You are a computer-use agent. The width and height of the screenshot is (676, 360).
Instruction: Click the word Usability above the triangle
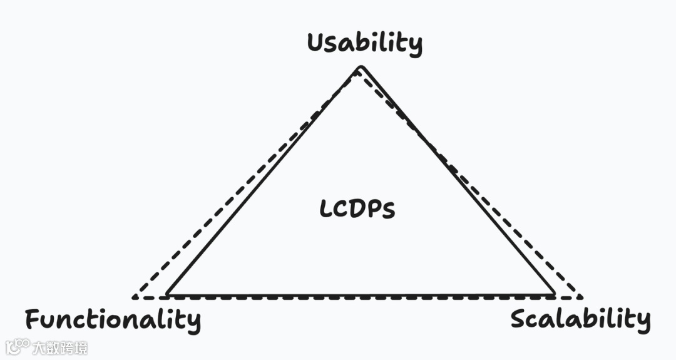coord(364,43)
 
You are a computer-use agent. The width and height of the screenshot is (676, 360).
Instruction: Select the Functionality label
coord(113,319)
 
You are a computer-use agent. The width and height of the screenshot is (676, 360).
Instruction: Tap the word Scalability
coord(580,319)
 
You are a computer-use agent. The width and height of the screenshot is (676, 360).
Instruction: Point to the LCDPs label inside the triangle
coord(357,210)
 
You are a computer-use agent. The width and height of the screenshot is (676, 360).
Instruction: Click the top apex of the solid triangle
coord(360,67)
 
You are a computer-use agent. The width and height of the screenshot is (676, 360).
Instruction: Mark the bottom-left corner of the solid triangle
coord(167,294)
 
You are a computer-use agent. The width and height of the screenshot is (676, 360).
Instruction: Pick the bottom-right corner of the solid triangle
coord(555,294)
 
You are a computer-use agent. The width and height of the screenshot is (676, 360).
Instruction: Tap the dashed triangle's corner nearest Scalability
coord(581,297)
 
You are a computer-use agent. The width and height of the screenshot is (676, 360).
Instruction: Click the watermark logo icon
coord(18,346)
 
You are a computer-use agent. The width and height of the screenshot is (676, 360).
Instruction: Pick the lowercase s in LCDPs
coord(389,212)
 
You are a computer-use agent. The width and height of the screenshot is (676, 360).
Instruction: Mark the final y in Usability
coord(415,46)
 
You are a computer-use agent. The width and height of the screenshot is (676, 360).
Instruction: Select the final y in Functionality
coord(193,322)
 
